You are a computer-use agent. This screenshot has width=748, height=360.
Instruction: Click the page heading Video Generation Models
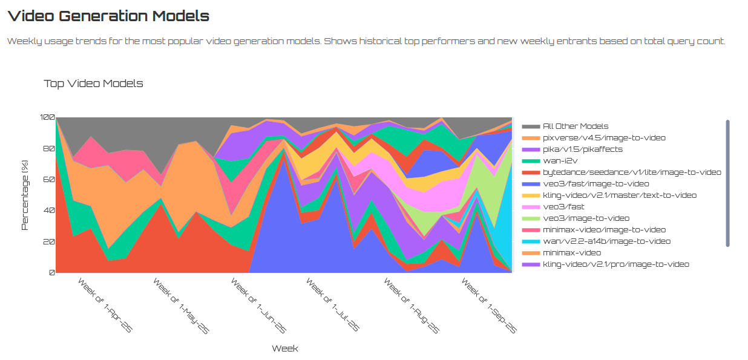coord(108,16)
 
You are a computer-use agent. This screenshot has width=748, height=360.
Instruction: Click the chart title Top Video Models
coord(93,83)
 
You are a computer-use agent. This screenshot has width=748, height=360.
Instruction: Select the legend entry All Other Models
coord(575,126)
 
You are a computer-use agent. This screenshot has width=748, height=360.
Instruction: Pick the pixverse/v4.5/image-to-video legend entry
coord(595,138)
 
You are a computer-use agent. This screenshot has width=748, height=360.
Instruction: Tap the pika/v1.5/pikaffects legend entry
coord(582,149)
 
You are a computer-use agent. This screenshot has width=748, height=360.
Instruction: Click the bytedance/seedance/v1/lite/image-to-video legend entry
coord(631,172)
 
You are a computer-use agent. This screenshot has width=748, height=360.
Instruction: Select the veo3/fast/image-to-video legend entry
coord(595,184)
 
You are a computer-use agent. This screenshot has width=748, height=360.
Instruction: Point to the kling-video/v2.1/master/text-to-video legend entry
coord(619,195)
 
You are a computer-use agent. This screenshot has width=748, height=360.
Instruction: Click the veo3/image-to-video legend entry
coord(586,218)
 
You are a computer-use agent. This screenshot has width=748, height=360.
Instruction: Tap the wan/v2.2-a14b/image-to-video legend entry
coord(606,241)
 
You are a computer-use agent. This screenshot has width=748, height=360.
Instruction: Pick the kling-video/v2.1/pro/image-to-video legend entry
coord(615,264)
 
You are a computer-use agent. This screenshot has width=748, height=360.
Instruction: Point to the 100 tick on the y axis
coord(47,117)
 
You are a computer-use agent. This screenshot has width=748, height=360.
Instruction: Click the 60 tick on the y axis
coord(49,180)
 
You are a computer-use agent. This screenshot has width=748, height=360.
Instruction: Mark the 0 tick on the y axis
coord(51,273)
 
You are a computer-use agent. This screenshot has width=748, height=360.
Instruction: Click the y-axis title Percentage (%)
coord(25,195)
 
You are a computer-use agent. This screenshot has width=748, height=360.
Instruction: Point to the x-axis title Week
coord(284,349)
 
